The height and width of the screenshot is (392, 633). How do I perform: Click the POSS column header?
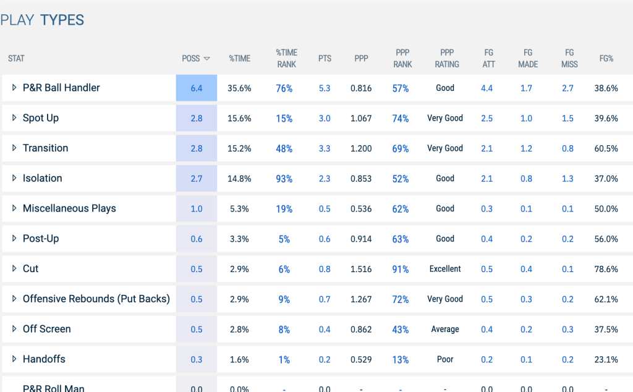tap(190, 59)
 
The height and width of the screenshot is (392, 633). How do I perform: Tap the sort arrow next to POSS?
tap(206, 59)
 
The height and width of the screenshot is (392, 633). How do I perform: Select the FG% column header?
tap(606, 59)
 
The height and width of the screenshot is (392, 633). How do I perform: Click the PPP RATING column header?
tap(447, 59)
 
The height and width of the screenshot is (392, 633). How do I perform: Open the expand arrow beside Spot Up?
tap(14, 118)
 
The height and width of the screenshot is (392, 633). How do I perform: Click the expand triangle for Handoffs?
tap(14, 359)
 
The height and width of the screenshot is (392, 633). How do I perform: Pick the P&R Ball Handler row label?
tap(61, 88)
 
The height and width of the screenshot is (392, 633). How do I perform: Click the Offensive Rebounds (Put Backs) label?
tap(96, 299)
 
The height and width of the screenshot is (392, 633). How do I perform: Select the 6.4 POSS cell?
tap(196, 88)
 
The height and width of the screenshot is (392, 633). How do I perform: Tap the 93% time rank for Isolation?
tap(284, 179)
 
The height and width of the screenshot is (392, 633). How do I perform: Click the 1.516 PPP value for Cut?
tap(361, 270)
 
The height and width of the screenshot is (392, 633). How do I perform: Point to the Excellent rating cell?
tap(445, 269)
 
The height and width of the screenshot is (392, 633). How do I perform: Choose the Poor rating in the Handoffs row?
tap(445, 359)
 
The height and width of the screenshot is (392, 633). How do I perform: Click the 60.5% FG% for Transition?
tap(606, 148)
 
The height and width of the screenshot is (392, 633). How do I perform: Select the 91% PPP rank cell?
tap(401, 270)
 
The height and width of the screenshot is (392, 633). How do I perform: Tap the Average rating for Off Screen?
tap(445, 329)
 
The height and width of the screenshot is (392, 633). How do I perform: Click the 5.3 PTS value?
tap(325, 88)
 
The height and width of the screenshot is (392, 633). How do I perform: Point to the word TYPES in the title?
tap(62, 20)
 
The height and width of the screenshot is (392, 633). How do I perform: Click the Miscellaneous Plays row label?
tap(69, 208)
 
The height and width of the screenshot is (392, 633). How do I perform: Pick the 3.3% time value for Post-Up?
tap(239, 239)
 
